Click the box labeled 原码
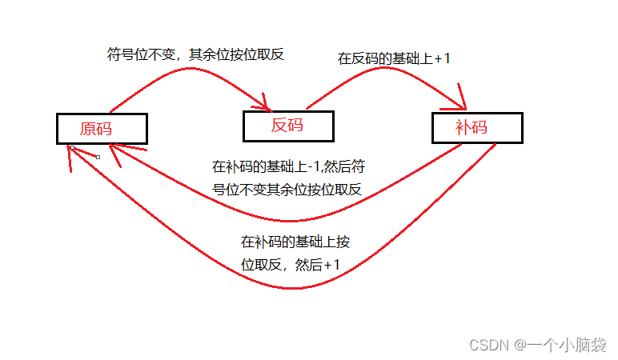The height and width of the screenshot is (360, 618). pos(102,128)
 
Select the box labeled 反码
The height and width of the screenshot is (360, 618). pos(288,126)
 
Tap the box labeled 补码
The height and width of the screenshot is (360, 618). pos(477,128)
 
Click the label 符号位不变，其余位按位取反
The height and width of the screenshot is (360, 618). pos(196,55)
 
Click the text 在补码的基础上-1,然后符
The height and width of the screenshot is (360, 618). pos(289,167)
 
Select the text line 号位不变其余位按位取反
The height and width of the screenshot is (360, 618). pos(287,190)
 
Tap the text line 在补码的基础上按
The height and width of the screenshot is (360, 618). pos(295,242)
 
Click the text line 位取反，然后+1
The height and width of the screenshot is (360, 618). pos(291,265)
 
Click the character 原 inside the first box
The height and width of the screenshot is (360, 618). pos(90,128)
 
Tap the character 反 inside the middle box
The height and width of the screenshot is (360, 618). pos(279,126)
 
